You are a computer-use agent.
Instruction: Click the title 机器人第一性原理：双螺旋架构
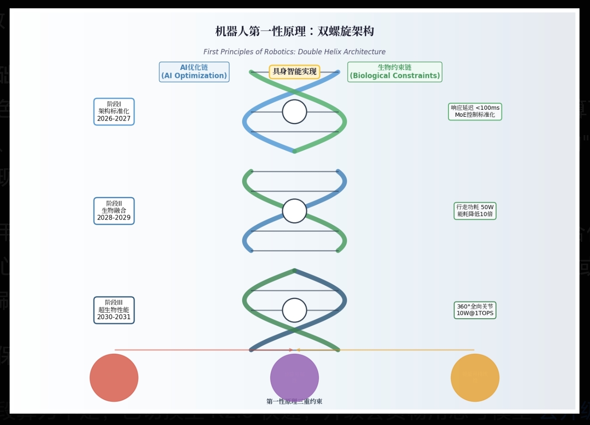[295, 31]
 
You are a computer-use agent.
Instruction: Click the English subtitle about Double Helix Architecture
[295, 52]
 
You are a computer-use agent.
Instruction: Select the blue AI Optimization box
[194, 72]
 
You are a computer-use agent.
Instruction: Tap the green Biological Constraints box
[395, 72]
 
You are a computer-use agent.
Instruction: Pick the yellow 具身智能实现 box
[295, 71]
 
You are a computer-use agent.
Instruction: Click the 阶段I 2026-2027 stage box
[114, 111]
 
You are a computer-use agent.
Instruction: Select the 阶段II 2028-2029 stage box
[114, 211]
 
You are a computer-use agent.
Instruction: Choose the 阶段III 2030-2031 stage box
[114, 310]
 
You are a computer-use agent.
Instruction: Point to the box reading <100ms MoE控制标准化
[475, 111]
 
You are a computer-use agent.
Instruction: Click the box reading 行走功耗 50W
[475, 211]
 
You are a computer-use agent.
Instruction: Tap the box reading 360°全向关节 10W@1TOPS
[475, 310]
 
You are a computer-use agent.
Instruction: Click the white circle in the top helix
[295, 112]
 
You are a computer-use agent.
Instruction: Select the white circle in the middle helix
[295, 211]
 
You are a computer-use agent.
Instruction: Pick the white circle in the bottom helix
[295, 310]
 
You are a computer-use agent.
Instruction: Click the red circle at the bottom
[114, 378]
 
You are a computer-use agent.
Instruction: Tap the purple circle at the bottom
[295, 378]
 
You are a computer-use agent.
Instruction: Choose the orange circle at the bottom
[475, 378]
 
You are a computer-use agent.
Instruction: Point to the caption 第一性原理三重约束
[295, 401]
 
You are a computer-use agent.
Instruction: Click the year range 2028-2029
[114, 218]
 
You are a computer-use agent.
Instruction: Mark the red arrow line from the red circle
[197, 350]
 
